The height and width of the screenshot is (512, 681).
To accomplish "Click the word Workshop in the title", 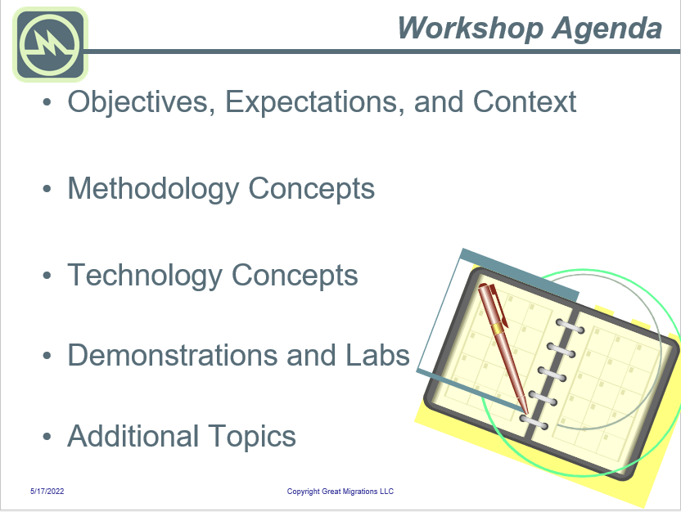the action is [471, 28].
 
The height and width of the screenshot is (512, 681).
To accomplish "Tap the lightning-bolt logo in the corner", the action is [50, 44].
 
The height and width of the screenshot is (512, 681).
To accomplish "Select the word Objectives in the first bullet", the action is [141, 102].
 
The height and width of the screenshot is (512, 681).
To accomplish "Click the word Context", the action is [524, 102].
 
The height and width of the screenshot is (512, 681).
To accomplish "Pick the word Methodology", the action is [153, 190].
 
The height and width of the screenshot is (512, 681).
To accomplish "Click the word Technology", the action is [145, 276].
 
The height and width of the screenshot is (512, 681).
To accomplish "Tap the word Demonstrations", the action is [172, 355].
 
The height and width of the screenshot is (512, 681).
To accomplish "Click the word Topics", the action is [252, 438].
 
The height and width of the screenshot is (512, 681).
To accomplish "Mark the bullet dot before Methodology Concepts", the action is [47, 189].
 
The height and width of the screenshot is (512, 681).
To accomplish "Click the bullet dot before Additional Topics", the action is [47, 437].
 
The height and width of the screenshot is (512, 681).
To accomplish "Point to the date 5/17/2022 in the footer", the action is [47, 492].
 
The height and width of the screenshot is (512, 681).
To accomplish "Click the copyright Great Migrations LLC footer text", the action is [340, 492].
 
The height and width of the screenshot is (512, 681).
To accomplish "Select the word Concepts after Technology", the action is [295, 276].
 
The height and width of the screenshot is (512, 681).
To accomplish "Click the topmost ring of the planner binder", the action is [570, 326].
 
